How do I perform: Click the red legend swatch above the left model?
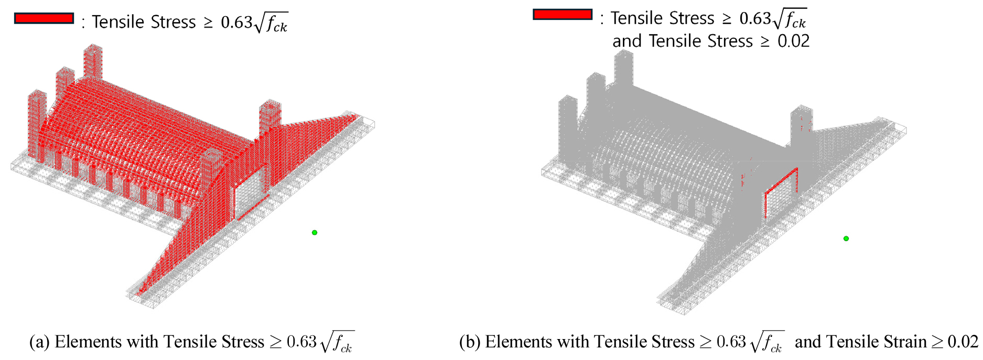click(x=44, y=18)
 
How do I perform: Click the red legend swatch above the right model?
click(x=563, y=15)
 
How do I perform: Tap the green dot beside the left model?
click(x=315, y=233)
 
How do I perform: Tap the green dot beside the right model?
click(x=846, y=238)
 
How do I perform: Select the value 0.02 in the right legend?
click(x=794, y=41)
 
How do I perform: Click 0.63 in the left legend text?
click(x=237, y=23)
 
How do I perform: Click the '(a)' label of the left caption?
click(x=39, y=342)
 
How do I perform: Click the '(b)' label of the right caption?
click(x=470, y=342)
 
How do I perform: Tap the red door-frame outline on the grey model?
click(x=781, y=192)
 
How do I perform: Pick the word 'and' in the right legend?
click(x=627, y=41)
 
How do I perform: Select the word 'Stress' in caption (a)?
click(x=243, y=342)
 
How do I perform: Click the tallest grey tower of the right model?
click(x=624, y=68)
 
